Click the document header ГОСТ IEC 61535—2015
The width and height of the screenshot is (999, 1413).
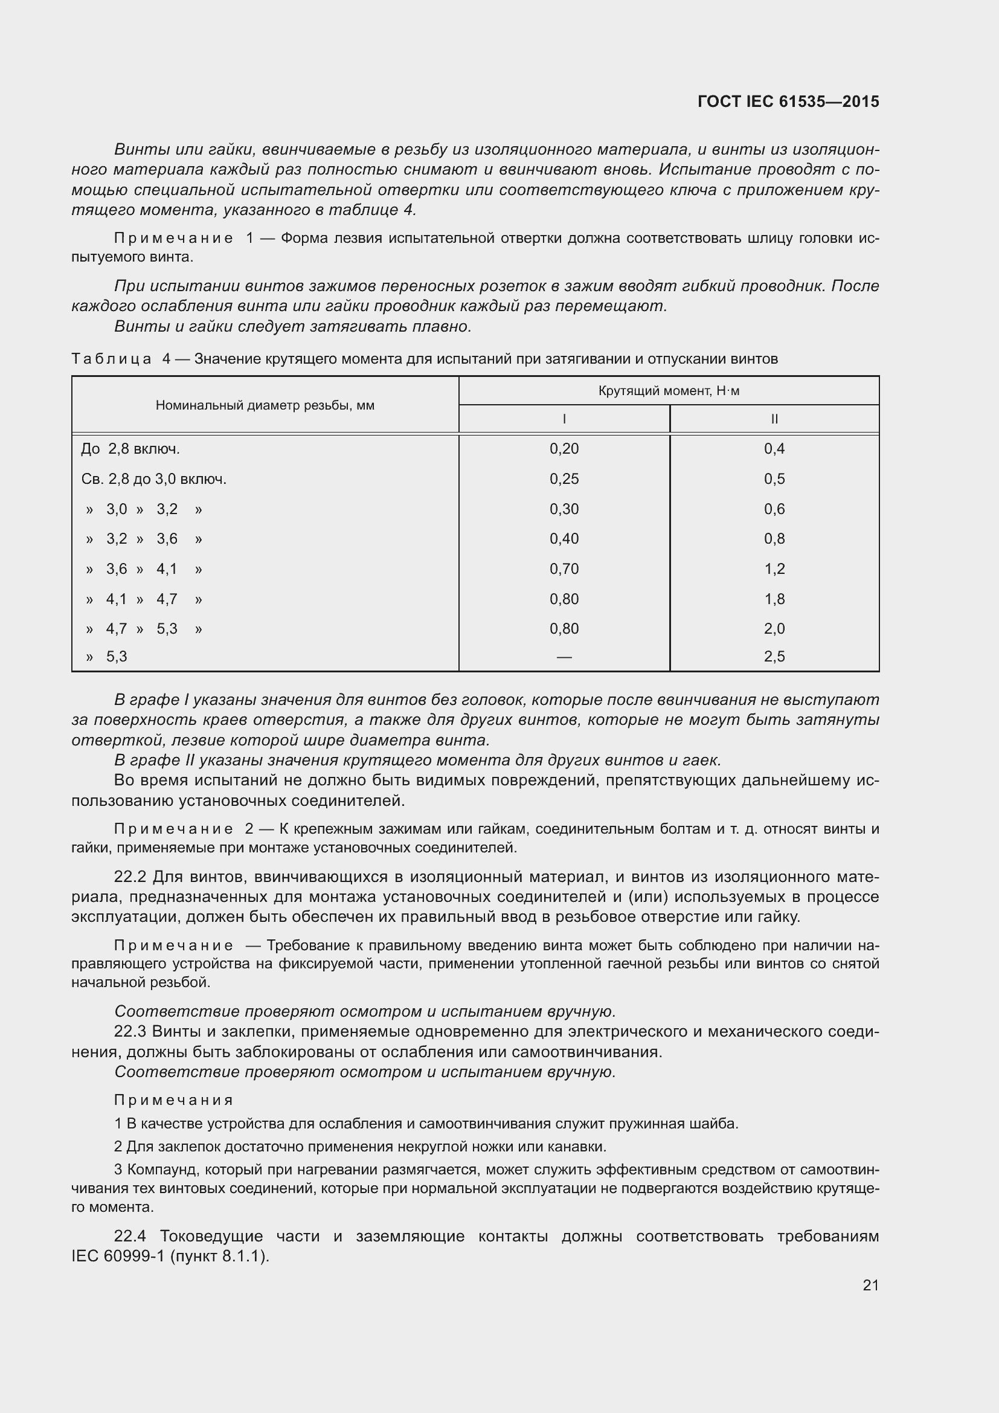788,101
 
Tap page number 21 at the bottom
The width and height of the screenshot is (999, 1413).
870,1285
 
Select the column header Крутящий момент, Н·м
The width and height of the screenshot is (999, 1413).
669,391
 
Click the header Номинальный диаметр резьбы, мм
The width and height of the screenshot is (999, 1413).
265,405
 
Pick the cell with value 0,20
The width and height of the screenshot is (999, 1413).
564,449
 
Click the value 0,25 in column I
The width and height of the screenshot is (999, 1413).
564,479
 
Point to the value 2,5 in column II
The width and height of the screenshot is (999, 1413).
774,656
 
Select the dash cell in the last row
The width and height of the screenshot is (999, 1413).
564,657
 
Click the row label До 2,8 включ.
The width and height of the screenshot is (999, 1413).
130,449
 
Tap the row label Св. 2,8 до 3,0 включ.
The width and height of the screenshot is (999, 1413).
154,479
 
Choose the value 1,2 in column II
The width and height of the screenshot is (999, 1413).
774,568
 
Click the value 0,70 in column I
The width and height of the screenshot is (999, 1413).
564,568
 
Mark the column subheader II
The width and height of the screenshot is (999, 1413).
774,419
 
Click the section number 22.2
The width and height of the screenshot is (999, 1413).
130,877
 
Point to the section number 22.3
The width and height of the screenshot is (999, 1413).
130,1031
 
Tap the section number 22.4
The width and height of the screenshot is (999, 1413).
130,1237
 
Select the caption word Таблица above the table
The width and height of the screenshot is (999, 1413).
111,359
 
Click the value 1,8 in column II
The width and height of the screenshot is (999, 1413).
774,599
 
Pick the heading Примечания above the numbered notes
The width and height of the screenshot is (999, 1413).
173,1100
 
